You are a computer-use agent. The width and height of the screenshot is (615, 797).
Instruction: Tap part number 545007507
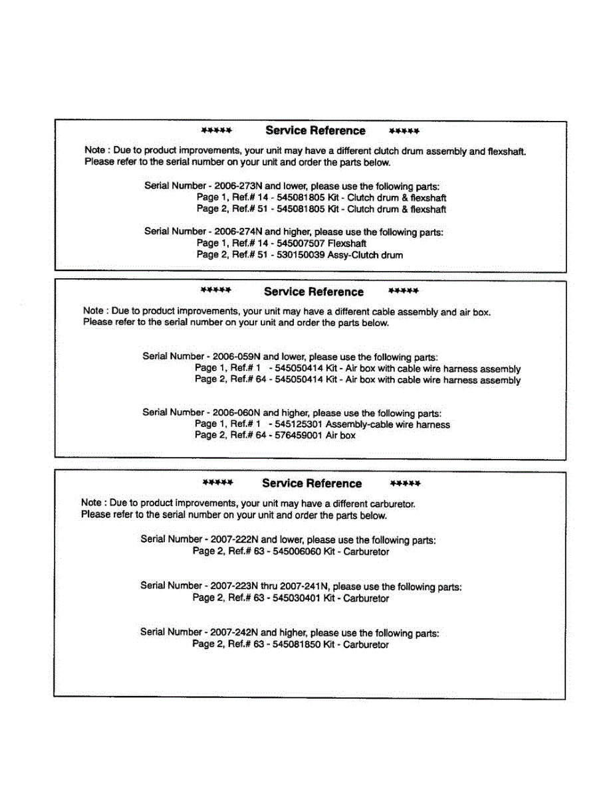(x=301, y=243)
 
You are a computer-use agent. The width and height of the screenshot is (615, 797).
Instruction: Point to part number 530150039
(x=301, y=255)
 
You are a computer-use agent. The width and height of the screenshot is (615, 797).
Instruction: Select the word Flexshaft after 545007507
(x=347, y=243)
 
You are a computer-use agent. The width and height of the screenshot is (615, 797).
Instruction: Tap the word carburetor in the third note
(x=393, y=503)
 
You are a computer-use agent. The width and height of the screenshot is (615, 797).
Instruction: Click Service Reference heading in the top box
(x=315, y=131)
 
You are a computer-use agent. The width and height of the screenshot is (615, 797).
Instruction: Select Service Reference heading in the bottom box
(x=312, y=484)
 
